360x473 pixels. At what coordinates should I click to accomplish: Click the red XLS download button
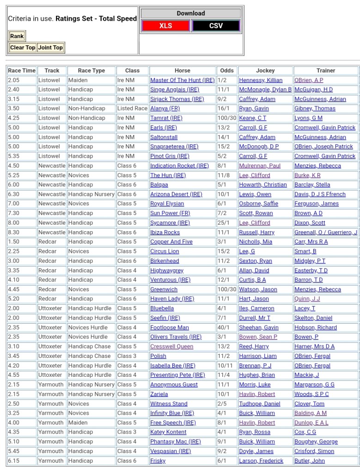point(165,26)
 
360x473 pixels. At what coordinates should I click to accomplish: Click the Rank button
point(17,36)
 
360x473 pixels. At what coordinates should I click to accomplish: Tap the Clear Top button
point(23,48)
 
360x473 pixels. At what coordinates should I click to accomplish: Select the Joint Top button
point(50,48)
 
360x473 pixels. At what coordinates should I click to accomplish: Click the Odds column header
point(227,71)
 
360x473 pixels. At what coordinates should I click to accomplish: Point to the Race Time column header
point(21,71)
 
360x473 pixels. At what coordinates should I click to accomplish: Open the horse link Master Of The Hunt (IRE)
point(182,80)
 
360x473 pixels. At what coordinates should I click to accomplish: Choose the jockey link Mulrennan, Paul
point(260,166)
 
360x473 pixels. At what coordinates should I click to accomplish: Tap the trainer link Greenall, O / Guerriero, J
point(326,233)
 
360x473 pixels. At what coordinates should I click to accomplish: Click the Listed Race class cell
point(132,109)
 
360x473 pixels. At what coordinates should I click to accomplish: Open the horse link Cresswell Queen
point(172,346)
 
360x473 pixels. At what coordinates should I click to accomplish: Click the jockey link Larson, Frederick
point(261,461)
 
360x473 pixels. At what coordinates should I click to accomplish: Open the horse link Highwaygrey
point(167,270)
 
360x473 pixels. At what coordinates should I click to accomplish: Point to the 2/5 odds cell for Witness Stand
point(223,404)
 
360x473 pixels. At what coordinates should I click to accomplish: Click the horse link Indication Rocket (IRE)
point(179,166)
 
